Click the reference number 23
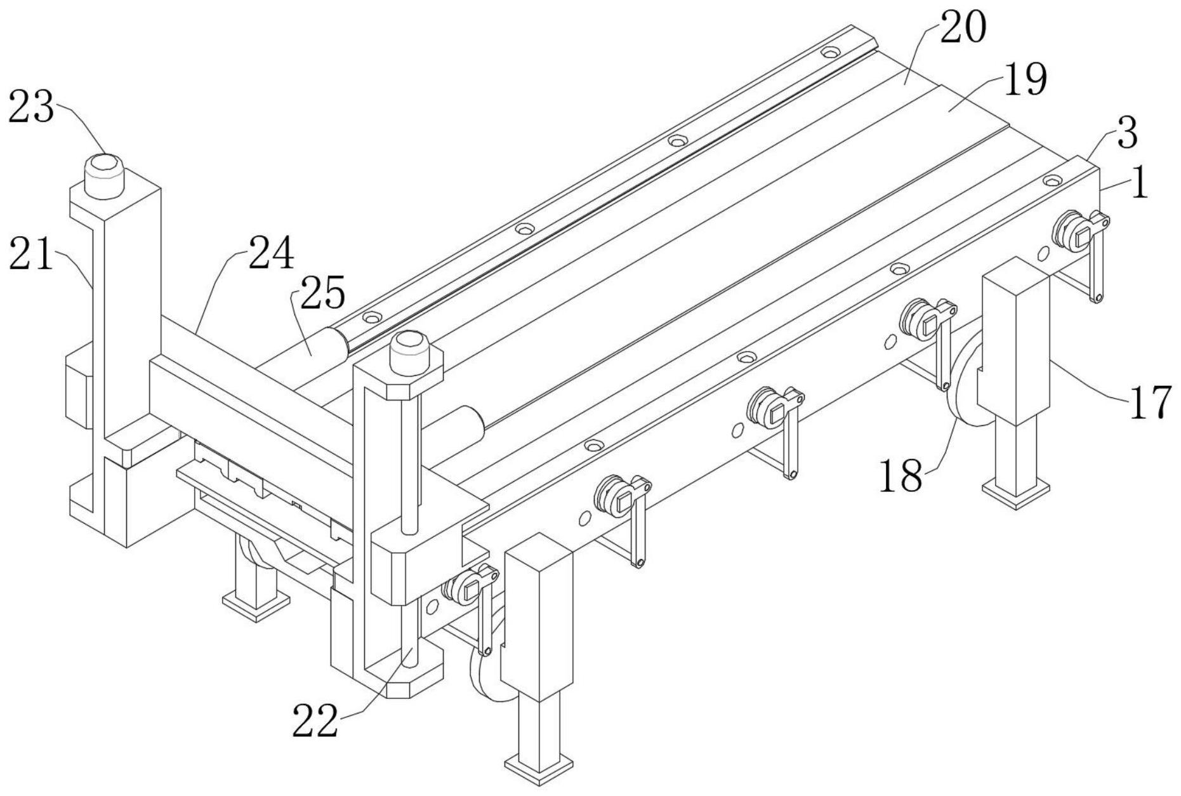coord(31,107)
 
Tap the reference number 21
coord(31,256)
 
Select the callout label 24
coord(271,253)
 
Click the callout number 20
coord(963,29)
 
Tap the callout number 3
coord(1126,133)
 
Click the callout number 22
coord(315,721)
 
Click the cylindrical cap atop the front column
coord(410,352)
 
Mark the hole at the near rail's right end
coord(1052,182)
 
